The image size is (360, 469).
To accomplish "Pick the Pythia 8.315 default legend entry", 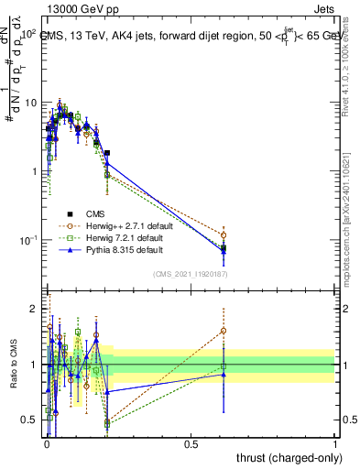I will click(x=118, y=248).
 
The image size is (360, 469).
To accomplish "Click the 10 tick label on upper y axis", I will click(x=29, y=103).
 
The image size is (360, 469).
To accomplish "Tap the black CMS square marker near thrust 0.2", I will click(x=107, y=153).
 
